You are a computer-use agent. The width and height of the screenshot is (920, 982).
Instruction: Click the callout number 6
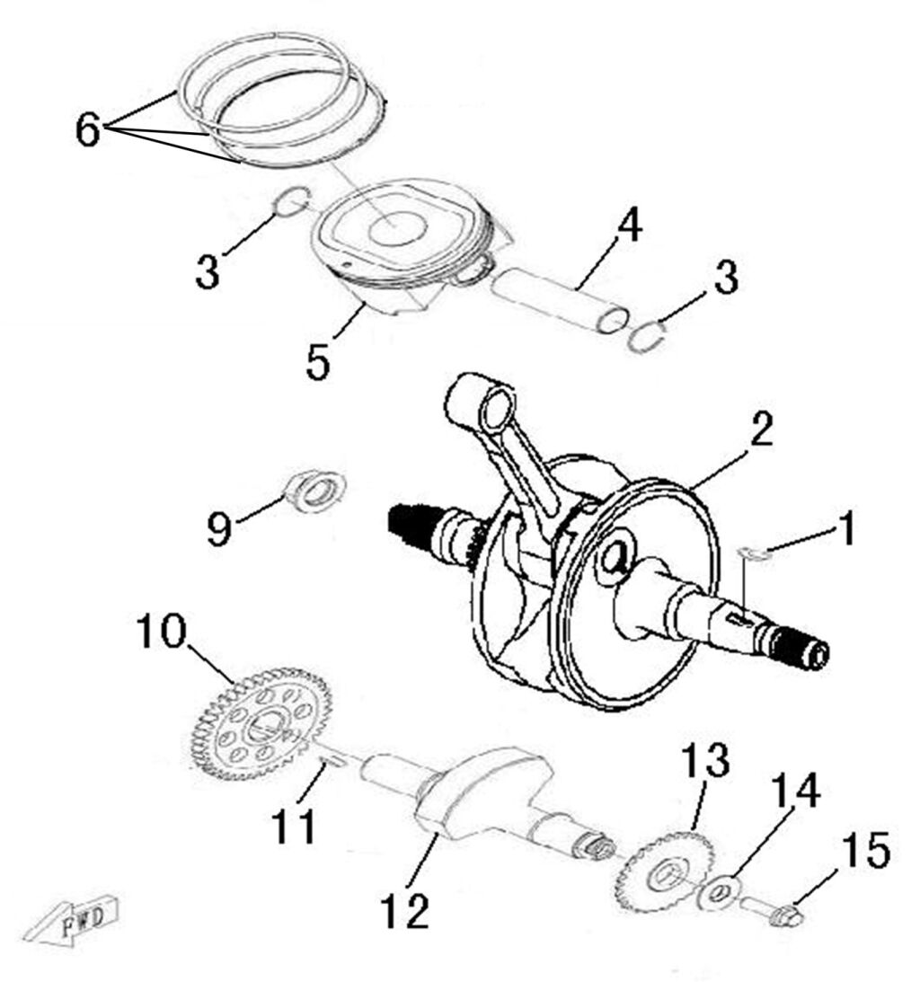pos(89,131)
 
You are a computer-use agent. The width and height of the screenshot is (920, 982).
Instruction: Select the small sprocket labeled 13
pos(664,871)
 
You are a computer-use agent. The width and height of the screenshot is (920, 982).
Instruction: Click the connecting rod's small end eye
pos(494,413)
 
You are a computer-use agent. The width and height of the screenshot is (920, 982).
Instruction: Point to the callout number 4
pos(629,228)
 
